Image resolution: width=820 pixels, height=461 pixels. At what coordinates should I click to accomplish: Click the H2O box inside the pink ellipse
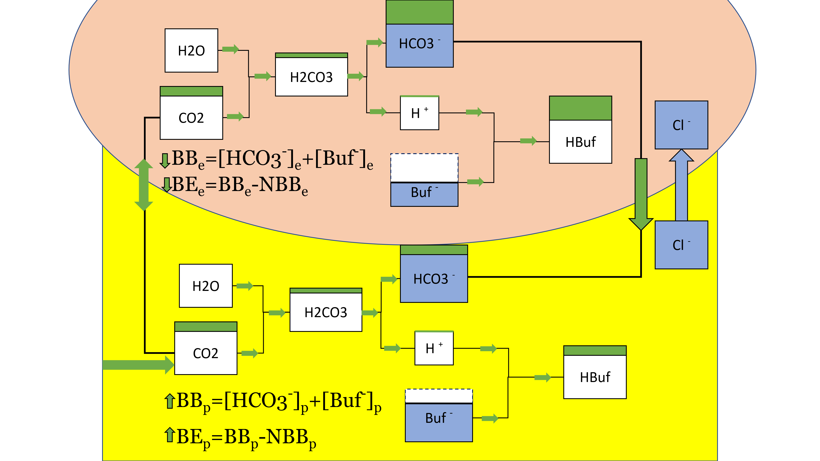coord(191,51)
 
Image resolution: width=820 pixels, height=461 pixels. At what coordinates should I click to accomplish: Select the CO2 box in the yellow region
coord(206,353)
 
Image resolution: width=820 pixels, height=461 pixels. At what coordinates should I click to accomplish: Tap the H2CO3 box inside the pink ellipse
coord(311,77)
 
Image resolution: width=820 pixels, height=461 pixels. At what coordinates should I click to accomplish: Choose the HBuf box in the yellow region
coord(595,377)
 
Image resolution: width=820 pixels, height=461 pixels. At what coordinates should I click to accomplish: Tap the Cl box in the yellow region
coord(681,245)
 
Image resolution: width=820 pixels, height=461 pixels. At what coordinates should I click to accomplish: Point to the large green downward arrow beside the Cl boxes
coord(641,194)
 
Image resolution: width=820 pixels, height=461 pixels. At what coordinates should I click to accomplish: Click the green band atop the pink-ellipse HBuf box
coord(580,108)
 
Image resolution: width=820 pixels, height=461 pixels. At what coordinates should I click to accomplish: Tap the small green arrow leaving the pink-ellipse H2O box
coord(230,49)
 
